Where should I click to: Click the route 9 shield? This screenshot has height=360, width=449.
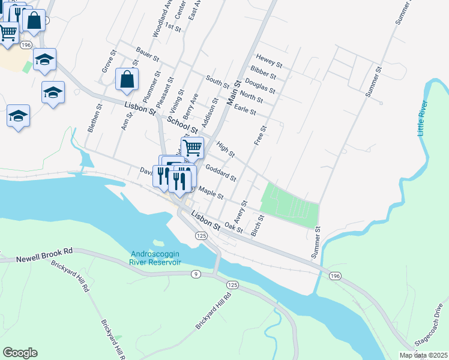pyautogui.click(x=195, y=274)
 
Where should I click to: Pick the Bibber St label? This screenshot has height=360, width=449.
pyautogui.click(x=264, y=76)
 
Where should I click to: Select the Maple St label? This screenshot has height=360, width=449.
pyautogui.click(x=211, y=193)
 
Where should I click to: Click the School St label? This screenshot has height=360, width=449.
pyautogui.click(x=182, y=124)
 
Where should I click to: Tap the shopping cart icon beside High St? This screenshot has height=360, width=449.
pyautogui.click(x=193, y=146)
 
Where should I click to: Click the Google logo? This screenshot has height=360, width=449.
pyautogui.click(x=20, y=353)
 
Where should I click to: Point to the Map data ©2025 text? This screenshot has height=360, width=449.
pyautogui.click(x=423, y=355)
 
